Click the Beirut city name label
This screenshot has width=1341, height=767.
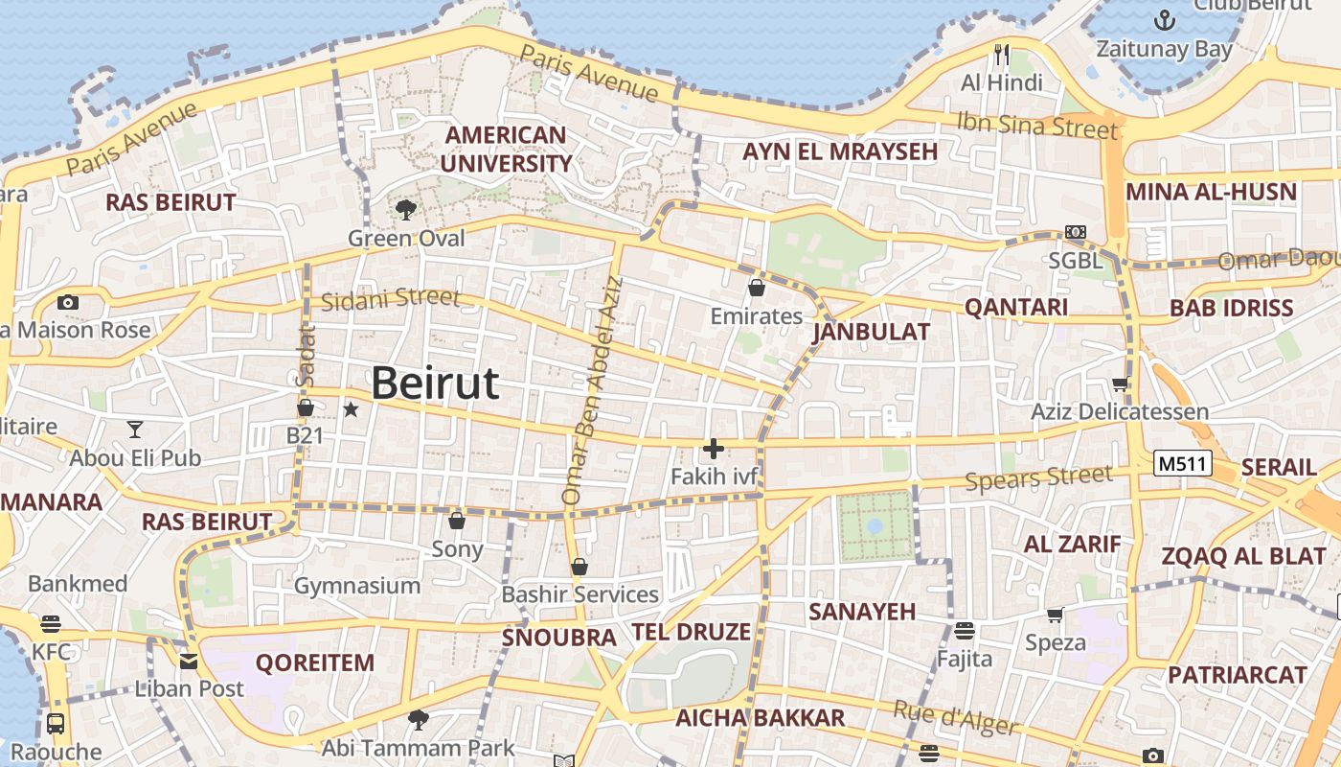[x=435, y=383]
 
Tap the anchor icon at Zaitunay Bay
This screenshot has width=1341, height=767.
[x=1165, y=18]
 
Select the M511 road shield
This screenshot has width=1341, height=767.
[x=1183, y=464]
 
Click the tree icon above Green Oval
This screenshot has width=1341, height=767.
[x=406, y=210]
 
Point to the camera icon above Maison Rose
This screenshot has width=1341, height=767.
[x=67, y=302]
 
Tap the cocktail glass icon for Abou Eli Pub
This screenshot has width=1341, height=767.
[x=135, y=429]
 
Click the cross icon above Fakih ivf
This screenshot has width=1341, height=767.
[x=714, y=448]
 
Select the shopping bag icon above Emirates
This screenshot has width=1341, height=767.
[x=757, y=287]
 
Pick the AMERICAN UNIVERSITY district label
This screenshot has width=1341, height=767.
[x=506, y=149]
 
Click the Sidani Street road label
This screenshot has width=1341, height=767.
[x=390, y=299]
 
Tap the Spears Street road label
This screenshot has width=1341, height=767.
[x=1039, y=477]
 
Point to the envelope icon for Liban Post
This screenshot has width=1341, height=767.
[x=189, y=661]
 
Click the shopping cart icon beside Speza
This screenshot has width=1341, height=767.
[x=1055, y=615]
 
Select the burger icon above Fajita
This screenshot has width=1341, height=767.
[x=964, y=631]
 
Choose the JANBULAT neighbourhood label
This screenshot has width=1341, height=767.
[x=871, y=333]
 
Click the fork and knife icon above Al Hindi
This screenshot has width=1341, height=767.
[x=1002, y=55]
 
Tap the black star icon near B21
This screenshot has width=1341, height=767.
[x=351, y=409]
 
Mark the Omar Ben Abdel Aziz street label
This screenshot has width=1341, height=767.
[x=592, y=391]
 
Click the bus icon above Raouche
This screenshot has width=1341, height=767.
[x=56, y=723]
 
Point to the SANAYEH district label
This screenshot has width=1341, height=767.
[x=862, y=612]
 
